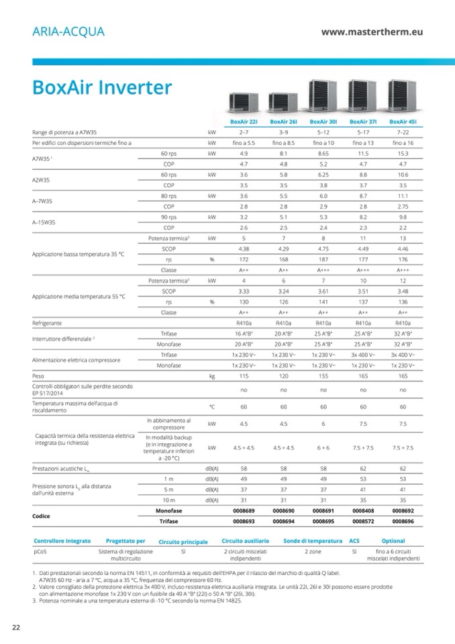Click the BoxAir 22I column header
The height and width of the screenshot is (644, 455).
pos(244,122)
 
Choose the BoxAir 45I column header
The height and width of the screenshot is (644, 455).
pos(403,122)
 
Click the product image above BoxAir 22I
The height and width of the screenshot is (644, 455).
pos(244,103)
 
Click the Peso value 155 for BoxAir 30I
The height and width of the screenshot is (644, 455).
pos(323,377)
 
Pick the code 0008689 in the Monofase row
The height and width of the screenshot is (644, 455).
pos(244,511)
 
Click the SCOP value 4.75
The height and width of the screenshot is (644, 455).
pos(323,248)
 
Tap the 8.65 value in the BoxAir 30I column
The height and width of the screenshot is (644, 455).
pos(323,153)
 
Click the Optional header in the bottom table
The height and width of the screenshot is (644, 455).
pos(393,541)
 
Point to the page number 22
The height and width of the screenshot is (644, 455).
pos(15,627)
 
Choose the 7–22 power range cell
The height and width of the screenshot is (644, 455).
pos(403,132)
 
